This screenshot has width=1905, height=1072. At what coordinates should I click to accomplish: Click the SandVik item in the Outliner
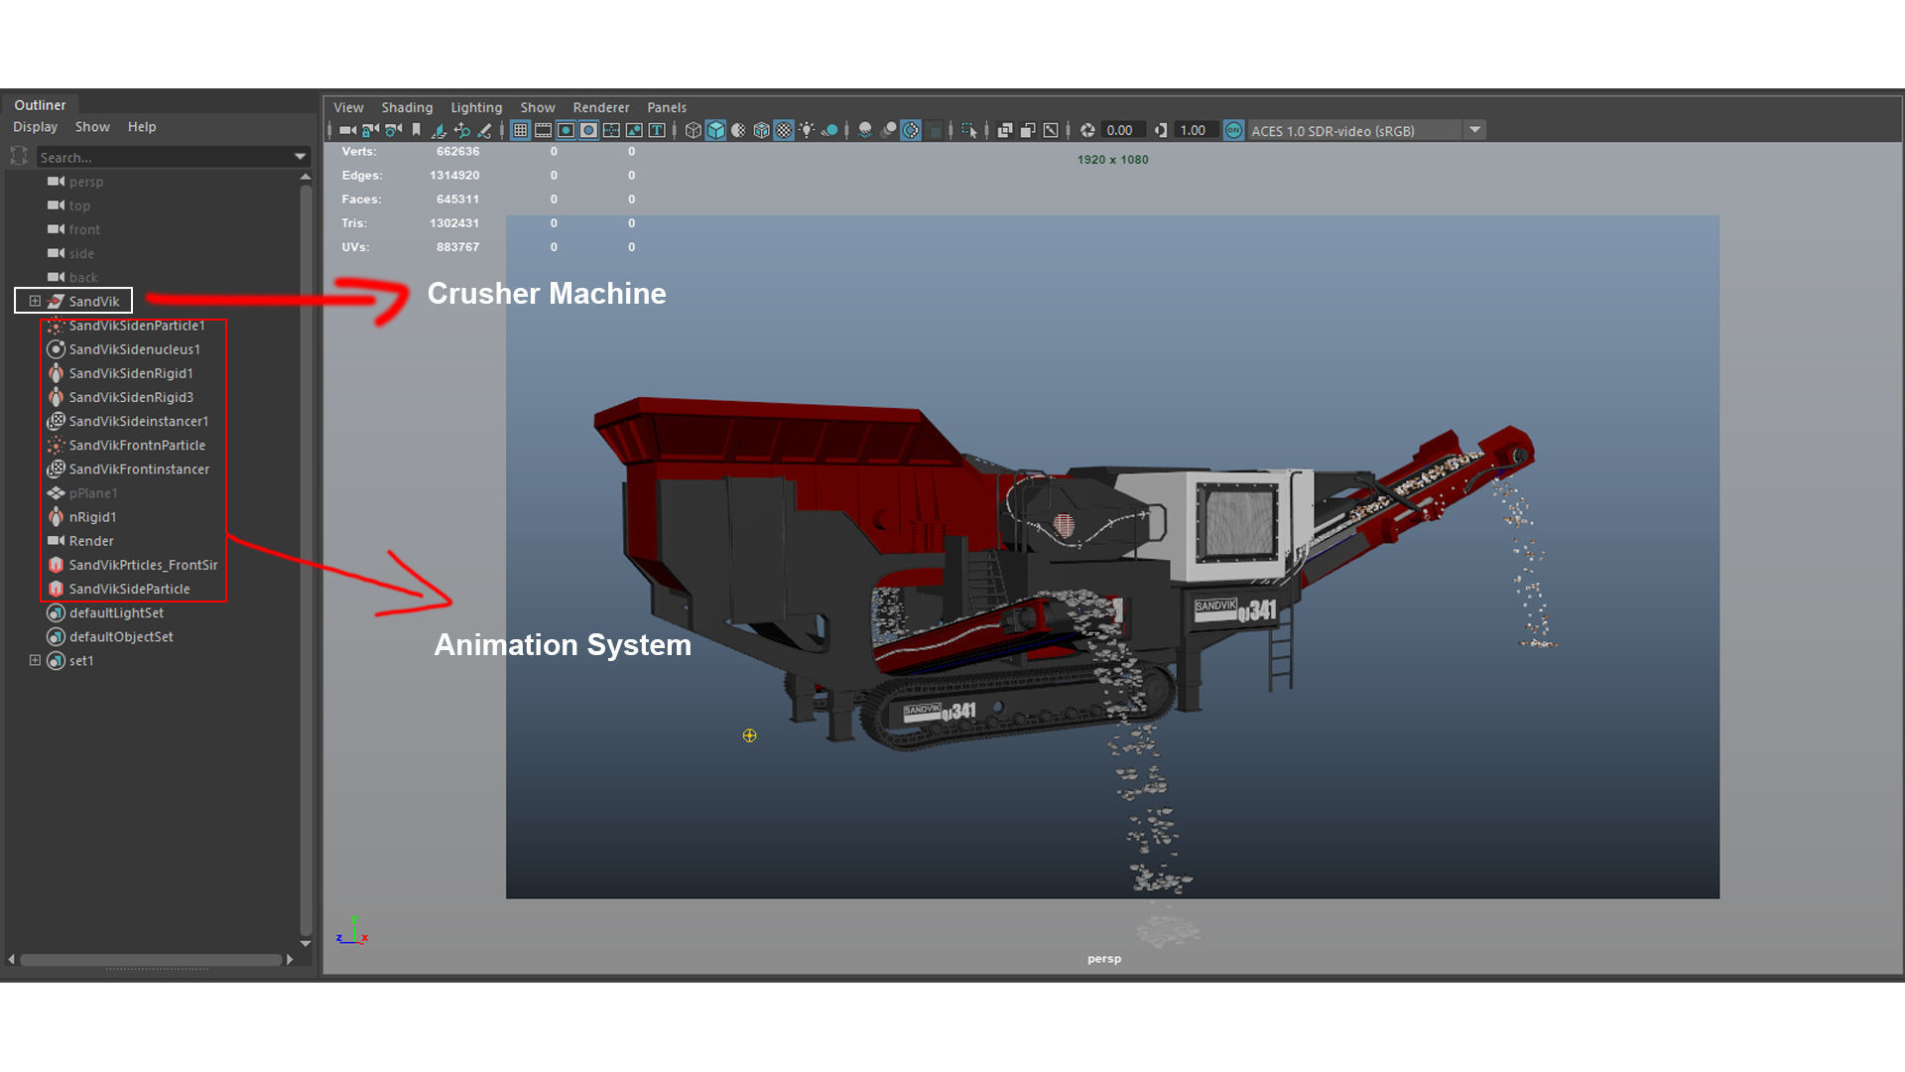[x=93, y=301]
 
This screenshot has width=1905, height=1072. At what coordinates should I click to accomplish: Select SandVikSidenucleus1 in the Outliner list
[x=134, y=349]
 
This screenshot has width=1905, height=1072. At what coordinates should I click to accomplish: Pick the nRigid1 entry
[x=92, y=517]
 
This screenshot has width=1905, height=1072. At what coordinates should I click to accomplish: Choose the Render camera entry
[x=91, y=541]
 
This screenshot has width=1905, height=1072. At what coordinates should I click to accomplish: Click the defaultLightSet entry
[x=116, y=612]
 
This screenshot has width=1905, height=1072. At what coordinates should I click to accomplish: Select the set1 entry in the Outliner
[x=81, y=661]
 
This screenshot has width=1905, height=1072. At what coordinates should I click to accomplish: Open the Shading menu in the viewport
[x=407, y=107]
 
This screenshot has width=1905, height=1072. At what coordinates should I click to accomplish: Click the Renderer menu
[x=600, y=107]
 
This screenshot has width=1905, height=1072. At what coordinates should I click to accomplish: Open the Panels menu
[x=666, y=107]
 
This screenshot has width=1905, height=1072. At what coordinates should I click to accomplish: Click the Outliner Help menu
[x=142, y=127]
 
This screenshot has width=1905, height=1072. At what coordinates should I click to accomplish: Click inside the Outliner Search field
[x=164, y=157]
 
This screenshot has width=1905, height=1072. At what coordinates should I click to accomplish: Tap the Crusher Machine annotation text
[x=547, y=294]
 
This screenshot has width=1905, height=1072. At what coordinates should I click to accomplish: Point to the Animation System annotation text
[x=563, y=645]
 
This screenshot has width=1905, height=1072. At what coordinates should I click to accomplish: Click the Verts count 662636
[x=457, y=152]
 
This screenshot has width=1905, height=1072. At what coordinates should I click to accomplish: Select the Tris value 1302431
[x=454, y=223]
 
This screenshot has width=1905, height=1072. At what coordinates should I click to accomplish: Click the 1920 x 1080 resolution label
[x=1112, y=160]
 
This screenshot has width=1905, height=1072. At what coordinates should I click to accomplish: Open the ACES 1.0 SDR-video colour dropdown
[x=1474, y=130]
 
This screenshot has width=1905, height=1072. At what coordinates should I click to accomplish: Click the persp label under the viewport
[x=1103, y=959]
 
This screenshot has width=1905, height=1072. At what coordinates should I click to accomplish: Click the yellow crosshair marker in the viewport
[x=749, y=736]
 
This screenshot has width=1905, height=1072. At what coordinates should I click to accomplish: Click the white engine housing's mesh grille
[x=1237, y=521]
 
